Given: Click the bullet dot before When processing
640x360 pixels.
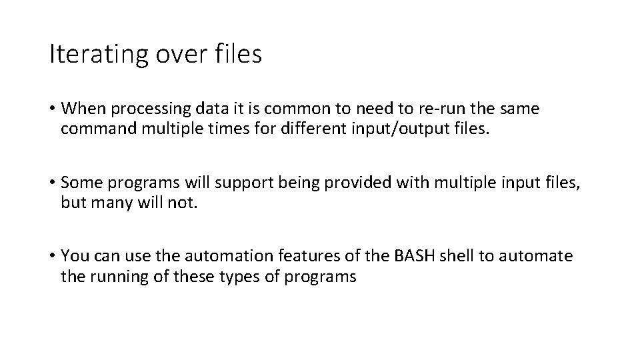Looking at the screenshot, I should click(52, 109).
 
